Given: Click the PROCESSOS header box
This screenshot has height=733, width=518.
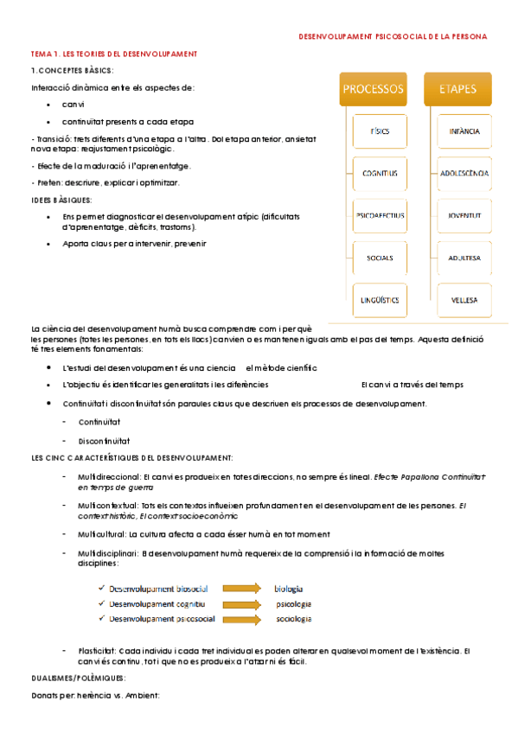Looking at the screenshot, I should tap(374, 89).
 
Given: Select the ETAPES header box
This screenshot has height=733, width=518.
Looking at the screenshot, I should tap(458, 89).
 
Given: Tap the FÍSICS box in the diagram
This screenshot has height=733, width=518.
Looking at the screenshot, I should tap(380, 131).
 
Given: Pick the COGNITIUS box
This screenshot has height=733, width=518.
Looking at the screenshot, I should tap(380, 174).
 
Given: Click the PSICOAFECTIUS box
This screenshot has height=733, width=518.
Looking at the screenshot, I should tap(380, 215).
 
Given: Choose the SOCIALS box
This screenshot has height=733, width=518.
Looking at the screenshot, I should tap(380, 258).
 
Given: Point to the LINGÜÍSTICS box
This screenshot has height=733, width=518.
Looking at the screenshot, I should tap(380, 300).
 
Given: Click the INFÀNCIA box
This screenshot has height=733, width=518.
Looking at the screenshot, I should tap(464, 131).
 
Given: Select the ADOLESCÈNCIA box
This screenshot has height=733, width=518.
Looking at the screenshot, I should tap(464, 174).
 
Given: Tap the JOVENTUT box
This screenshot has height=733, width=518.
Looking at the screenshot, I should tap(464, 215).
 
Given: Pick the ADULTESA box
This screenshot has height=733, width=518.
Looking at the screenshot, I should tap(464, 258).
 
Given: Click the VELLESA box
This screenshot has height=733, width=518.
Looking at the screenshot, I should tap(464, 300).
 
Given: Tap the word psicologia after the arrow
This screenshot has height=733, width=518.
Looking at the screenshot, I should tap(294, 604).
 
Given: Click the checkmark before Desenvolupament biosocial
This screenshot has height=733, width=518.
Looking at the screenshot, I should tap(102, 589).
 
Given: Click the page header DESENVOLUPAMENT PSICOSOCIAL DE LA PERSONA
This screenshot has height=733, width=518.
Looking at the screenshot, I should tap(393, 37).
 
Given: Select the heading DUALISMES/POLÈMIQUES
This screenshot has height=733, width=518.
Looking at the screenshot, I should tap(78, 679).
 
